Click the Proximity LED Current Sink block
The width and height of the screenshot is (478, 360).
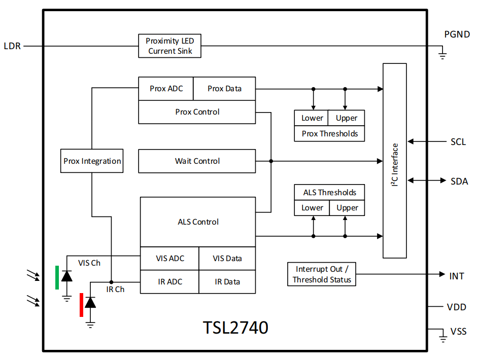pyautogui.click(x=170, y=46)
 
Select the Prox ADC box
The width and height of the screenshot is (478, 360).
pyautogui.click(x=166, y=89)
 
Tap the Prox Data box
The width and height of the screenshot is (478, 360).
pyautogui.click(x=224, y=89)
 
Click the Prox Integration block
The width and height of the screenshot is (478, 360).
pyautogui.click(x=92, y=161)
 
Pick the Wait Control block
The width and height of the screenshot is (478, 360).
pyautogui.click(x=197, y=161)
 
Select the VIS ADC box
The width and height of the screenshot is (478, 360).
pyautogui.click(x=169, y=259)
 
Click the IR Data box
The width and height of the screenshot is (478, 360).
pyautogui.click(x=227, y=282)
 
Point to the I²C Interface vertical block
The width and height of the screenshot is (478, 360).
pyautogui.click(x=395, y=161)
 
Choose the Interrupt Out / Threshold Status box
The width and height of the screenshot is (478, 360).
pyautogui.click(x=322, y=274)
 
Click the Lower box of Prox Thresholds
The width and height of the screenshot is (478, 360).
pyautogui.click(x=312, y=118)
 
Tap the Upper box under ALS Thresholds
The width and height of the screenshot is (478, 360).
pyautogui.click(x=347, y=208)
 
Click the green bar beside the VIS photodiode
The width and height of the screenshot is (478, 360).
pyautogui.click(x=57, y=277)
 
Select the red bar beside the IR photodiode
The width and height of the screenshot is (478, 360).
pyautogui.click(x=81, y=305)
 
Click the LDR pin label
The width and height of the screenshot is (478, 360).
pyautogui.click(x=12, y=46)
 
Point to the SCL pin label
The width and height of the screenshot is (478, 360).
pyautogui.click(x=458, y=142)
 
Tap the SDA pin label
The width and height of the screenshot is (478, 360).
pyautogui.click(x=459, y=181)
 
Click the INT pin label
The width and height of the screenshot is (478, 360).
pyautogui.click(x=457, y=276)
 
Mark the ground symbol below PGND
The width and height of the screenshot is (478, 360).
pyautogui.click(x=442, y=55)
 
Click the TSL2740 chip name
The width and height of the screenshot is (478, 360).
pyautogui.click(x=235, y=328)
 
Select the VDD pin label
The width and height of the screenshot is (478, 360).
pyautogui.click(x=456, y=307)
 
